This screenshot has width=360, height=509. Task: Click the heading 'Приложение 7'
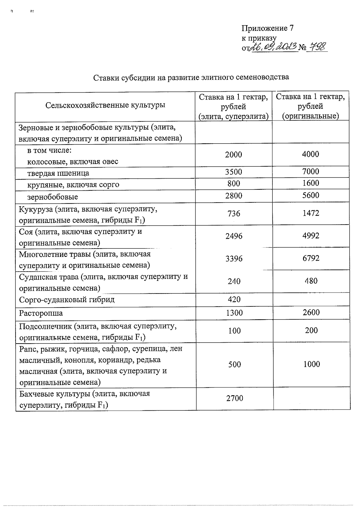pyautogui.click(x=267, y=28)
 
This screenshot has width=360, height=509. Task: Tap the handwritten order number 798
pyautogui.click(x=317, y=47)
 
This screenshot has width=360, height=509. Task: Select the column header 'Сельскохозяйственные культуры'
pyautogui.click(x=105, y=105)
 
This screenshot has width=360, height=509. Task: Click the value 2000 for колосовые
pyautogui.click(x=233, y=155)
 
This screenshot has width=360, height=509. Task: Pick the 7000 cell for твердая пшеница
pyautogui.click(x=310, y=172)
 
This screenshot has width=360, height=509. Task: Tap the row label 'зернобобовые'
pyautogui.click(x=52, y=197)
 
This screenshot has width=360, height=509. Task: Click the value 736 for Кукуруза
pyautogui.click(x=234, y=213)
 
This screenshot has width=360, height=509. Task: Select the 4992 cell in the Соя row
pyautogui.click(x=311, y=236)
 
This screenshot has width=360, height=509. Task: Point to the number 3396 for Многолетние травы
pyautogui.click(x=234, y=259)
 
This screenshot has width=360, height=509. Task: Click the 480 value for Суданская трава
pyautogui.click(x=311, y=281)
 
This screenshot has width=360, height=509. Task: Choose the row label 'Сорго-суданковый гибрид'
pyautogui.click(x=67, y=300)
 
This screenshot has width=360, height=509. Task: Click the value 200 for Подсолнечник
pyautogui.click(x=311, y=330)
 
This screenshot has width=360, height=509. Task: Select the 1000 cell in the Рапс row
pyautogui.click(x=311, y=364)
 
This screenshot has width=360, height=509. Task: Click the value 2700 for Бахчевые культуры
pyautogui.click(x=235, y=398)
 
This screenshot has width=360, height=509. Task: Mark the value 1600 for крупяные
pyautogui.click(x=310, y=183)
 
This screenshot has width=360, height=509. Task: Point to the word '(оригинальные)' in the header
pyautogui.click(x=310, y=116)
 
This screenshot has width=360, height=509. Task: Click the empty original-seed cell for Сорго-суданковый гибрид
pyautogui.click(x=311, y=299)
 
